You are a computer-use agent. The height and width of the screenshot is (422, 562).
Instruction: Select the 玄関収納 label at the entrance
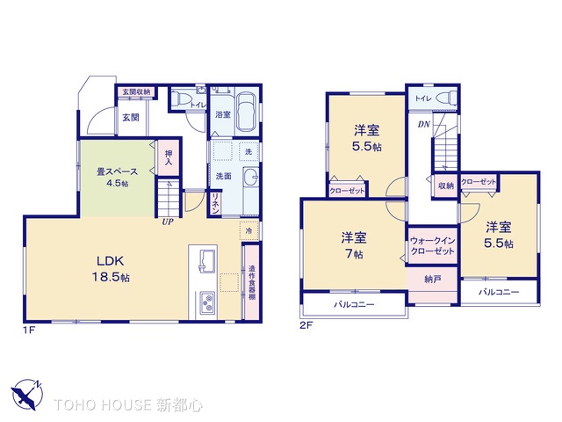coord(135,91)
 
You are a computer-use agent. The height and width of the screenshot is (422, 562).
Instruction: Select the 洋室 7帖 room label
coord(354,244)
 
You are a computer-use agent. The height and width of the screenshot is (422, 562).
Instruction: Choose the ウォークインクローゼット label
coord(431,245)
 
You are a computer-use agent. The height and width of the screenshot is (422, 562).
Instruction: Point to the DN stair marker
coord(423,125)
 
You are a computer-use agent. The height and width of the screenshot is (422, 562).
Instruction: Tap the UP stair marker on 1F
coord(166,221)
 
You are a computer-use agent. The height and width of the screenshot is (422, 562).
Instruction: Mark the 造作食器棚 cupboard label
coord(251,283)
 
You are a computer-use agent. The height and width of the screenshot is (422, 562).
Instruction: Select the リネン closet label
coord(215,204)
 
